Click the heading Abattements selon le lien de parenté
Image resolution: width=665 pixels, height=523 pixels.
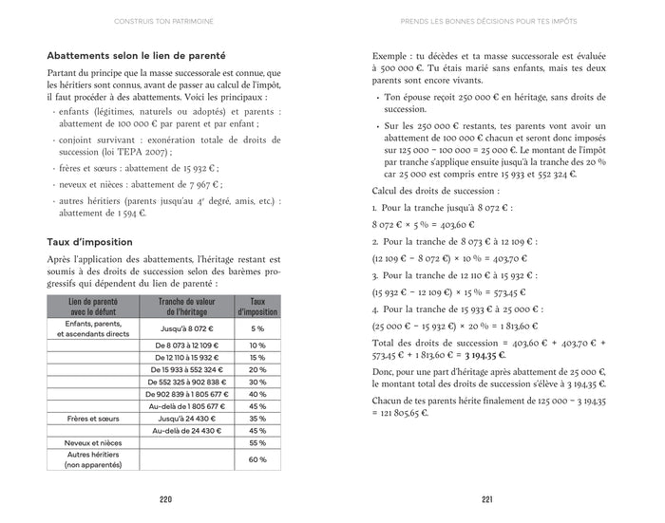pos(129,56)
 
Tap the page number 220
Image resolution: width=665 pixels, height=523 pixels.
pos(165,500)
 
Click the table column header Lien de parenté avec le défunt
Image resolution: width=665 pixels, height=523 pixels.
pos(92,306)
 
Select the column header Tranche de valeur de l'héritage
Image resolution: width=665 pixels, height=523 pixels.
pos(185,306)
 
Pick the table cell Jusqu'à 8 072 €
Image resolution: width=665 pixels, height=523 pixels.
pos(185,327)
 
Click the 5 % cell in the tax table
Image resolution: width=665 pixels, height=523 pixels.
pos(256,327)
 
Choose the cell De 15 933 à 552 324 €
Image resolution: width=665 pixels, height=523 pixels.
pos(185,369)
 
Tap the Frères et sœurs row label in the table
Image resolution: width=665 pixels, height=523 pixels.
pos(92,419)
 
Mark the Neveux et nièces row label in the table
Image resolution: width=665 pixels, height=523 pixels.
pos(92,443)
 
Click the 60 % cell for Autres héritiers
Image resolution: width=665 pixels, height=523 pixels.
pos(256,459)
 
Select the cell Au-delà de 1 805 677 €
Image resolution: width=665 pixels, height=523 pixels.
pos(185,406)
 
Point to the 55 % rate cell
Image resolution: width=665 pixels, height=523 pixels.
pos(256,443)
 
